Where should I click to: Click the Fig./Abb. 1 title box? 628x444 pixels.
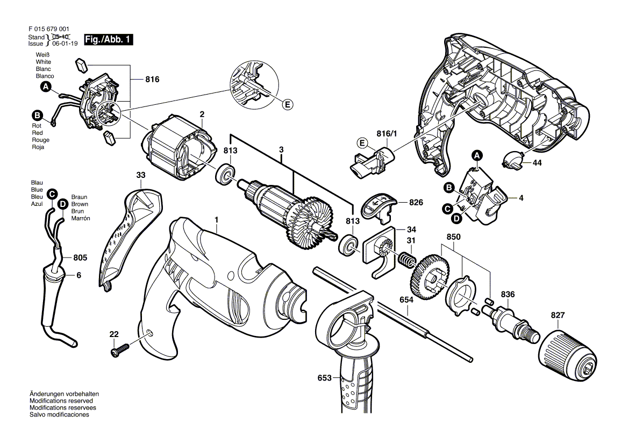tap(108, 40)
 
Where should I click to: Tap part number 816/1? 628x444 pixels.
tap(387, 134)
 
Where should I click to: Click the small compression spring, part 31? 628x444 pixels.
tap(408, 261)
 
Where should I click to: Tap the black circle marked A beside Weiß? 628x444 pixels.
tap(46, 87)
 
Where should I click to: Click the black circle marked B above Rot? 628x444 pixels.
tap(37, 116)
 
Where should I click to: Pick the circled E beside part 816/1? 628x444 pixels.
tap(362, 143)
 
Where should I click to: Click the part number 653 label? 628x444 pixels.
tap(324, 377)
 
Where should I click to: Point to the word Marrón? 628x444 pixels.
tap(81, 218)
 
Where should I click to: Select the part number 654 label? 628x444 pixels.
tap(406, 300)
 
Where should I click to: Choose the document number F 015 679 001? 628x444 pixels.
tap(49, 29)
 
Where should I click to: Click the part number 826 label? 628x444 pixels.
tap(416, 203)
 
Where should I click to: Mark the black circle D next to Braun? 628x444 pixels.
tap(62, 204)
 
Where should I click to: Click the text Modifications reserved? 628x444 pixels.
tap(61, 401)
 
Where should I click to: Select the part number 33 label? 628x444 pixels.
tap(141, 175)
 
